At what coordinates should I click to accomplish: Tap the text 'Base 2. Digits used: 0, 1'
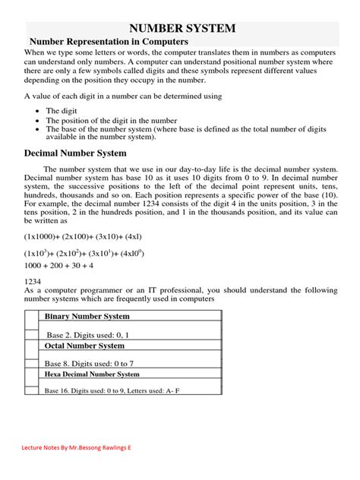click(x=88, y=334)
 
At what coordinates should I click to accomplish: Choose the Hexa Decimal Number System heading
click(x=92, y=374)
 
